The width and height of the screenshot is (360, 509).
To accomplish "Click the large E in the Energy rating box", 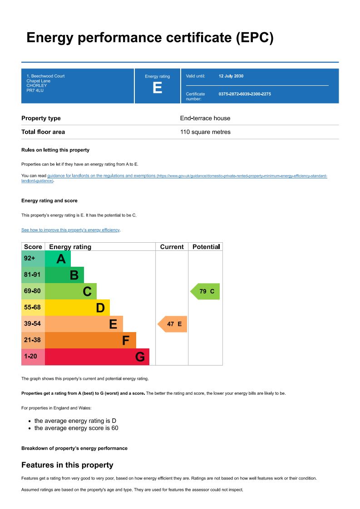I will pyautogui.click(x=157, y=88).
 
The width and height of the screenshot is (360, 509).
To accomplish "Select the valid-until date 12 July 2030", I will pyautogui.click(x=231, y=76).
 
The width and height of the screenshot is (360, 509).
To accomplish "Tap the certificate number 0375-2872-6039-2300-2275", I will pyautogui.click(x=245, y=94).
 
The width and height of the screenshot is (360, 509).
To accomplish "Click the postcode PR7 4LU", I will pyautogui.click(x=35, y=90).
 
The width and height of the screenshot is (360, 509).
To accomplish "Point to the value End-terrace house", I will pyautogui.click(x=205, y=118).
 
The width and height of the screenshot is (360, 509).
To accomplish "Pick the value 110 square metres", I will pyautogui.click(x=205, y=132).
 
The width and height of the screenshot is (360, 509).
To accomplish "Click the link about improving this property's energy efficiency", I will pyautogui.click(x=70, y=230).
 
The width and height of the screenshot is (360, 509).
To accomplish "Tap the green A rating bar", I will pyautogui.click(x=58, y=259).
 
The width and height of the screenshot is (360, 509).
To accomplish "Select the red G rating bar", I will pyautogui.click(x=97, y=357).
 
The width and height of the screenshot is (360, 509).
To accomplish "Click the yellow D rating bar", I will pyautogui.click(x=77, y=308).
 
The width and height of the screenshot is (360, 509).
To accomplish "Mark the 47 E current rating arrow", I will pyautogui.click(x=173, y=324).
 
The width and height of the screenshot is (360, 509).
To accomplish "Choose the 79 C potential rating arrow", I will pyautogui.click(x=205, y=291).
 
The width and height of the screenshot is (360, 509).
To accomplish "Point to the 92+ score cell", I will pyautogui.click(x=30, y=259).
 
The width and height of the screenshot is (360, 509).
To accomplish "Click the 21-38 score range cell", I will pyautogui.click(x=33, y=340).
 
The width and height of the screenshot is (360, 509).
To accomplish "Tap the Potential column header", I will pyautogui.click(x=206, y=247).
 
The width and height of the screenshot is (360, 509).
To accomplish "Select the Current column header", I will pyautogui.click(x=172, y=247).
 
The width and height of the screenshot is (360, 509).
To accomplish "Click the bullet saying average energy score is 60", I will pyautogui.click(x=76, y=428).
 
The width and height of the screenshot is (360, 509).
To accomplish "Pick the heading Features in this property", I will pyautogui.click(x=67, y=465).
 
